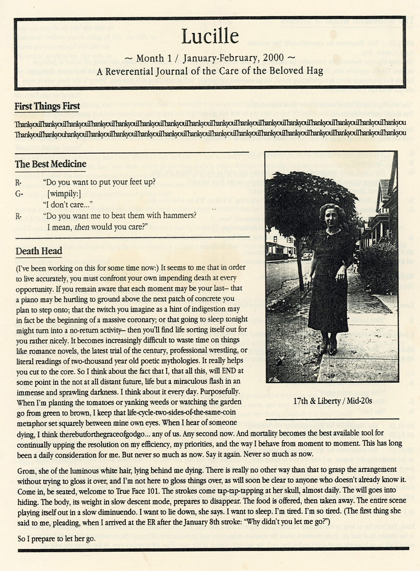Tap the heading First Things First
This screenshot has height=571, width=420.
47,106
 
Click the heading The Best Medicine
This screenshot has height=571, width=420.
51,164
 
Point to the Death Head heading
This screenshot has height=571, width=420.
39,251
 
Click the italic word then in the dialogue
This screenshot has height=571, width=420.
82,227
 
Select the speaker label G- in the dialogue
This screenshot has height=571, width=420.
19,193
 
